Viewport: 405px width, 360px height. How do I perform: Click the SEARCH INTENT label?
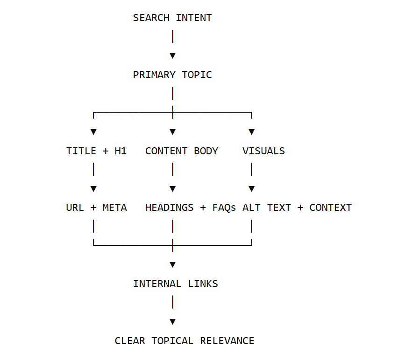click(x=172, y=18)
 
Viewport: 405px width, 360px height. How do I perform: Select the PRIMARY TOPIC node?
click(x=172, y=75)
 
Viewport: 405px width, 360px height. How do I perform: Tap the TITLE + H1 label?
click(x=96, y=151)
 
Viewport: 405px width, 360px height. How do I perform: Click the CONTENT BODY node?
click(x=182, y=151)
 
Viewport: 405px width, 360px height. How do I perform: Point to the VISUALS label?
click(x=263, y=151)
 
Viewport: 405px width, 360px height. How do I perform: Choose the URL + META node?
click(x=96, y=208)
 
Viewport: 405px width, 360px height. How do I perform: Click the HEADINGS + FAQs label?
click(x=191, y=208)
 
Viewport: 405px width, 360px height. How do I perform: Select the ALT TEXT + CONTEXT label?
click(x=297, y=208)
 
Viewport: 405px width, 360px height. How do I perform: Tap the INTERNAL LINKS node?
click(x=175, y=284)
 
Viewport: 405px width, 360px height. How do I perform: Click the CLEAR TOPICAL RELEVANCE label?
click(x=185, y=341)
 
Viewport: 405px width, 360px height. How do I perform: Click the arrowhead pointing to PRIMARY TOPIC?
click(x=172, y=56)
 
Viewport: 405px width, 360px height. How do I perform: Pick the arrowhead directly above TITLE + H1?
click(x=93, y=132)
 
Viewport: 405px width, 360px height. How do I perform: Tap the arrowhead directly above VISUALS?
click(x=252, y=132)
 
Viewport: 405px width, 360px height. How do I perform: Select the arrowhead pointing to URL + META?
click(x=93, y=189)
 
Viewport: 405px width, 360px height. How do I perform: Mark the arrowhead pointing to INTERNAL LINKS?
click(x=172, y=265)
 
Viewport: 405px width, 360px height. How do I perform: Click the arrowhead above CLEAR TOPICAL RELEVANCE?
click(x=172, y=322)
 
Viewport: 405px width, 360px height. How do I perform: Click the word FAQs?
click(x=224, y=208)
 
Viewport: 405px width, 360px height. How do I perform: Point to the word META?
click(x=115, y=208)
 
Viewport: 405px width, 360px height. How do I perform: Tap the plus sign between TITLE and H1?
click(x=106, y=151)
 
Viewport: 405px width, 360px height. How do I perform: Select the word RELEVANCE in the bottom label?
click(x=227, y=341)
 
